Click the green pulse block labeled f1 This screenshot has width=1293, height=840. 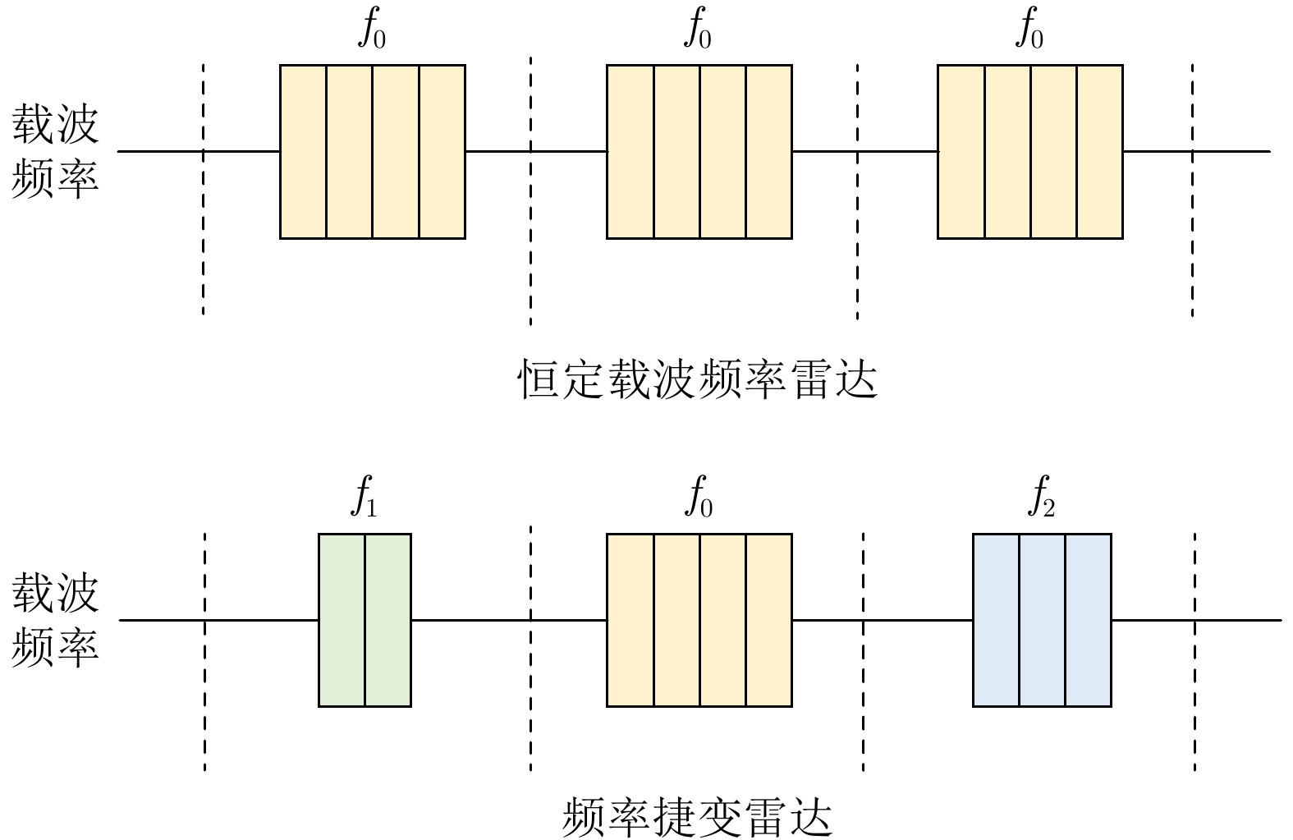tap(365, 620)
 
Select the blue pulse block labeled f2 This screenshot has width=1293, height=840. tap(1041, 620)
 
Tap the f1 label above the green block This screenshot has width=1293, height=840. tap(365, 498)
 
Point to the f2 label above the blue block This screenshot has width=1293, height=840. tap(1041, 498)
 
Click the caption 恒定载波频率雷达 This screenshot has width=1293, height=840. tap(698, 379)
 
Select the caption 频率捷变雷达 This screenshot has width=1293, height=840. tap(698, 817)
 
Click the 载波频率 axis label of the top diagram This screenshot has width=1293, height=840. tap(55, 151)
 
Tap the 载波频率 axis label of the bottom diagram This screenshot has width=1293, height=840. tap(55, 620)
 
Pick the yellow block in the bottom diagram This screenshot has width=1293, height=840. tap(699, 620)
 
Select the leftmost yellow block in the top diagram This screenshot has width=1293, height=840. tap(373, 151)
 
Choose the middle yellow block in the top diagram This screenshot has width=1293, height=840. tap(699, 151)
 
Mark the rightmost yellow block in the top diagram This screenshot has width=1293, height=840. tap(1029, 151)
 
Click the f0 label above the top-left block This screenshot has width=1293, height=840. tap(372, 30)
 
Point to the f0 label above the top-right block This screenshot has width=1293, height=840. tap(1029, 30)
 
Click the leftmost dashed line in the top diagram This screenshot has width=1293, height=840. tap(203, 246)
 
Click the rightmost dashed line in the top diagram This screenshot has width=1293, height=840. tap(1192, 246)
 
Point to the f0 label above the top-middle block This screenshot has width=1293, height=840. tap(699, 30)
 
